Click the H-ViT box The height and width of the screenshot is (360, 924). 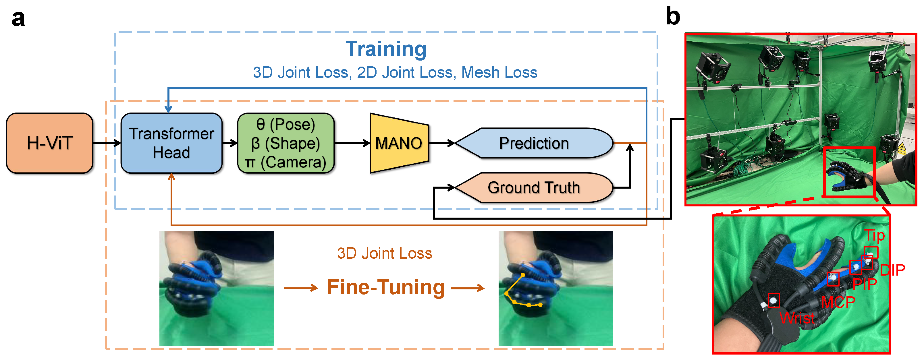[x=49, y=143]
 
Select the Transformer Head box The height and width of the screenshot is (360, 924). [x=171, y=143]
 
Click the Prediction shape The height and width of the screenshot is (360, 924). [x=534, y=143]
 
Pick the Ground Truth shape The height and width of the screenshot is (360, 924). [x=534, y=187]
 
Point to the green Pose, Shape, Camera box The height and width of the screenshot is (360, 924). [x=286, y=143]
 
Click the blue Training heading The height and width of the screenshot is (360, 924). [x=386, y=49]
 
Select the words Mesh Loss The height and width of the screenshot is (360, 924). [x=499, y=72]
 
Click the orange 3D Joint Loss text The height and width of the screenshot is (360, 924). [x=385, y=253]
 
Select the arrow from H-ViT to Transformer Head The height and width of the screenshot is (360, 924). [x=107, y=143]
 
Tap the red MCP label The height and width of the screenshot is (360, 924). [x=838, y=302]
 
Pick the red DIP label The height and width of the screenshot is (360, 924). [x=892, y=270]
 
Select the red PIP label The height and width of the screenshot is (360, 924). [x=865, y=284]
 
